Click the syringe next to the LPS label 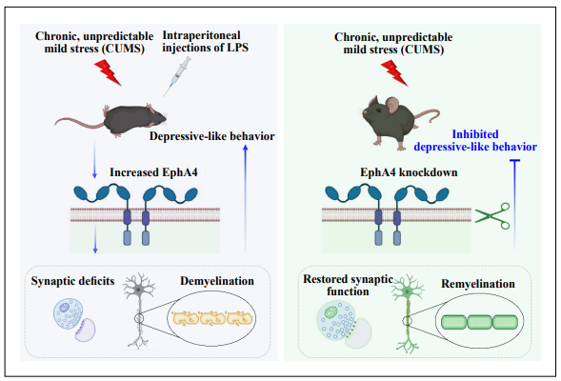tap(177, 76)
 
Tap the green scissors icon tap(492, 215)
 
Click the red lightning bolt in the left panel tap(108, 72)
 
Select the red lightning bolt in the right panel tap(394, 73)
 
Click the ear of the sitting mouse tap(391, 105)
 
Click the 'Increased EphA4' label tap(153, 172)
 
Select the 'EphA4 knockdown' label tap(409, 172)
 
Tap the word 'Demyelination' tap(217, 281)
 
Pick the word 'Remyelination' tap(478, 284)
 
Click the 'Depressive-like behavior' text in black tap(211, 136)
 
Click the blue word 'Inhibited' tap(475, 134)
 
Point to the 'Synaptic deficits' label tap(72, 281)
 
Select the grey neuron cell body tap(138, 290)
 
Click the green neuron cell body tap(408, 292)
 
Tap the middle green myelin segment tap(479, 322)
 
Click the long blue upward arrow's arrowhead tap(246, 148)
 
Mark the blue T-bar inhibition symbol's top tap(514, 161)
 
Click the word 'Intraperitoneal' tap(201, 35)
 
